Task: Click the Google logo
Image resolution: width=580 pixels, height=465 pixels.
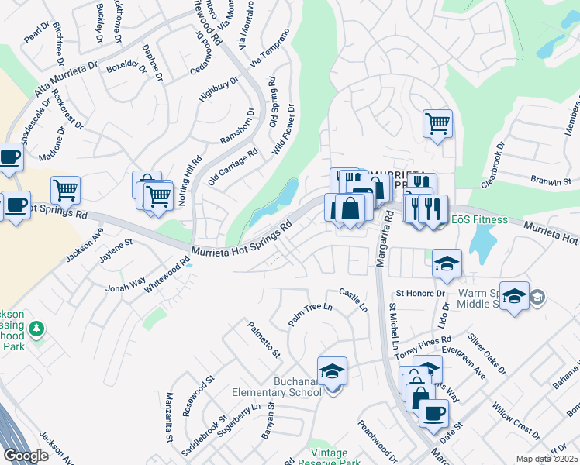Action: (x=26, y=456)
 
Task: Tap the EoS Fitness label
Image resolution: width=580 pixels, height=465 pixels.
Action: (x=475, y=219)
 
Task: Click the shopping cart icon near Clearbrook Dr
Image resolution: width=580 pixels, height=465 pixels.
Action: (x=437, y=122)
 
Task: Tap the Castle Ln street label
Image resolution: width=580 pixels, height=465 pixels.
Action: (x=354, y=298)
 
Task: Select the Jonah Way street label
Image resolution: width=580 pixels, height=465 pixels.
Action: (x=126, y=284)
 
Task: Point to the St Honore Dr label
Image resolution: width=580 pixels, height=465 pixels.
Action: (x=420, y=294)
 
